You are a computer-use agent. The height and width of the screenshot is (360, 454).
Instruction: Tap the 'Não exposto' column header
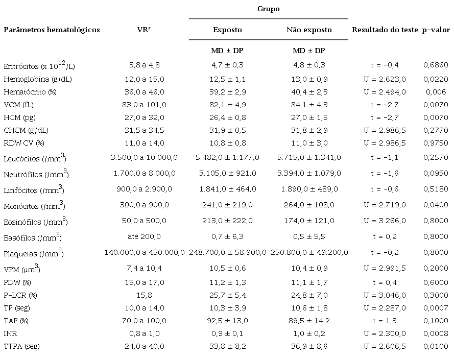309,30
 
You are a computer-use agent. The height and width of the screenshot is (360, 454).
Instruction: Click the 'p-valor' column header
436,30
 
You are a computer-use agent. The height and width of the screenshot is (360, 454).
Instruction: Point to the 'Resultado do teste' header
385,30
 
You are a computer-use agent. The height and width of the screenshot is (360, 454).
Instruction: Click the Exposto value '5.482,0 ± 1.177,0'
228,157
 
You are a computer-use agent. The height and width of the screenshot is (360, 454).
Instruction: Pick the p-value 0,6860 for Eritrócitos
436,65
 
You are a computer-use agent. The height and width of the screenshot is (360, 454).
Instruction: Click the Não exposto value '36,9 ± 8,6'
309,346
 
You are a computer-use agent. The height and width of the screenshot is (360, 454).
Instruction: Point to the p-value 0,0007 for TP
436,307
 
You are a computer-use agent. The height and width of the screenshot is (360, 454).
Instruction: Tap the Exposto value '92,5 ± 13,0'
228,320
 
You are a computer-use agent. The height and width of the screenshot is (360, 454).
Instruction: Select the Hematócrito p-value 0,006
436,92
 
